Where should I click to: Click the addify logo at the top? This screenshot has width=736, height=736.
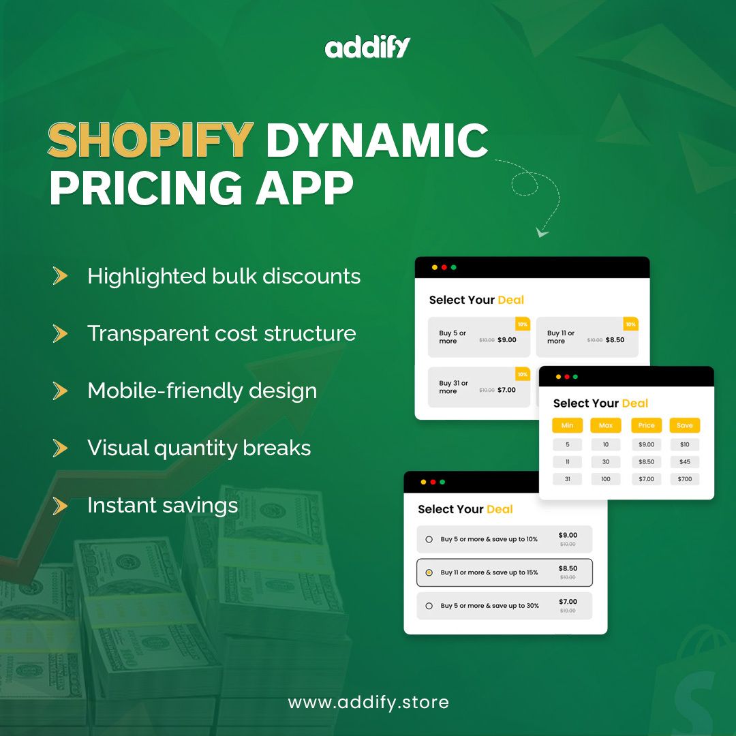[x=368, y=48]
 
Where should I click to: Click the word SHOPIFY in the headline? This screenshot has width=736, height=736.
[x=151, y=140]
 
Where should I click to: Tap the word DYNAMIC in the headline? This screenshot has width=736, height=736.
[x=377, y=140]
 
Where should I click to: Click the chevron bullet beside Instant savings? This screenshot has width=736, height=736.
[x=61, y=506]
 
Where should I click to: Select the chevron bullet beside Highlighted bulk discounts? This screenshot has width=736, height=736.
[x=61, y=276]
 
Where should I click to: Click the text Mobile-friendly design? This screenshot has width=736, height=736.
[x=202, y=391]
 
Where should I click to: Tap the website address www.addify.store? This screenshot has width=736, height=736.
[x=368, y=702]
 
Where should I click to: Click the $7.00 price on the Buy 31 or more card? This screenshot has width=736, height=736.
[x=506, y=390]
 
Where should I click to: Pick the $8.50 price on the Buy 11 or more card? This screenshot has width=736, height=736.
[x=615, y=339]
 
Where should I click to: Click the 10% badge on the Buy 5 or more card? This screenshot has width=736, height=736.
[x=523, y=324]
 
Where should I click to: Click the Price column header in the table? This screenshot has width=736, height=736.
[x=646, y=425]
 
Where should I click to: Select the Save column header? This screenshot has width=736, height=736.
[x=685, y=425]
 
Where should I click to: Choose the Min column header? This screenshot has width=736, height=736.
[x=567, y=425]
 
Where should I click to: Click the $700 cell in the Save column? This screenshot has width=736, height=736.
[x=685, y=479]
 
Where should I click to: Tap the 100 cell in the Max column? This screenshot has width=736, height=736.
[x=606, y=479]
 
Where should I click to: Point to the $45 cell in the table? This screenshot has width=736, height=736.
[x=685, y=462]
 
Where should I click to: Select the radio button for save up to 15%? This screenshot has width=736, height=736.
[x=429, y=572]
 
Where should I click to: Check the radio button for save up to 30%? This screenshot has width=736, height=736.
[x=429, y=606]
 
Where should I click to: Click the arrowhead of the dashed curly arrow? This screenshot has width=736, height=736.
[x=542, y=233]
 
